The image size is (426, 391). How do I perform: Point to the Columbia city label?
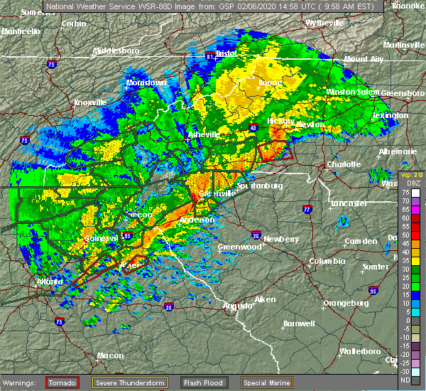coord(326,261)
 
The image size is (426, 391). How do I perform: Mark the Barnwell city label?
coord(298,323)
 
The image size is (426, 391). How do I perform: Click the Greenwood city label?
coord(236,247)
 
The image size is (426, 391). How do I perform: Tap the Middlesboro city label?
coord(115,51)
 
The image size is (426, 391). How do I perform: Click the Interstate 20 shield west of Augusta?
coord(168,307)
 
